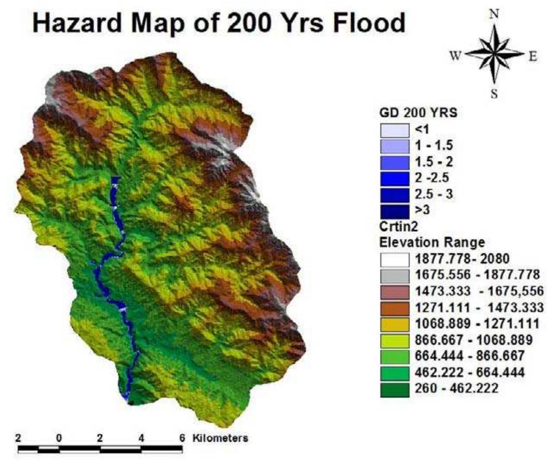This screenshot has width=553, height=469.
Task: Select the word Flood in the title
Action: coord(369,23)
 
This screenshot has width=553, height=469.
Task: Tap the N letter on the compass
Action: coord(494,14)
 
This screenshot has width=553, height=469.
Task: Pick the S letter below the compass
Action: coord(494,94)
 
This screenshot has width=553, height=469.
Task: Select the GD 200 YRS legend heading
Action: coord(418,113)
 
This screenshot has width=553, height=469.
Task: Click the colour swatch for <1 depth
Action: coord(394,130)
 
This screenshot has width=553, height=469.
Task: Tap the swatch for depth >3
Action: coord(394,211)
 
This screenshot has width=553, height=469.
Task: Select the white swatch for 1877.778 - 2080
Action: coord(394,259)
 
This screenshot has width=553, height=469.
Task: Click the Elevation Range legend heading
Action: coord(432,242)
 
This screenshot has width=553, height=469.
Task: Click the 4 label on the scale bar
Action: coord(141,438)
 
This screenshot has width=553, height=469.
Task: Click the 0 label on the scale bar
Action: coord(59,438)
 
